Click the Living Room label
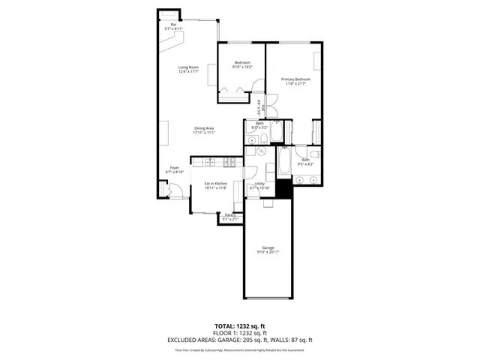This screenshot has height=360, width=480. (x=188, y=67)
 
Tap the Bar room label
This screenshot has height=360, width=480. (x=174, y=25)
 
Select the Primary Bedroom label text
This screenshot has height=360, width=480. (x=295, y=79)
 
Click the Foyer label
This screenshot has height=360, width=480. (x=174, y=167)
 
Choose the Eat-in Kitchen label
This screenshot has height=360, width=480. (x=216, y=184)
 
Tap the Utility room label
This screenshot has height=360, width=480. (x=259, y=184)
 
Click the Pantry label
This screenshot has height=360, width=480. (x=230, y=215)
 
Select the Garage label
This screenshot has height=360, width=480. (x=268, y=247)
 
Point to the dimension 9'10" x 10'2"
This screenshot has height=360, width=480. (x=241, y=67)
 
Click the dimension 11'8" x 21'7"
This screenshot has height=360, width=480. (x=295, y=83)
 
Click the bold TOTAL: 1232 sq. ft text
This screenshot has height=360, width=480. (x=240, y=326)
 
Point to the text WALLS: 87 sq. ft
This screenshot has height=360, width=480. (x=293, y=340)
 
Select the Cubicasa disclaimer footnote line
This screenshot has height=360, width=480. (x=240, y=349)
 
